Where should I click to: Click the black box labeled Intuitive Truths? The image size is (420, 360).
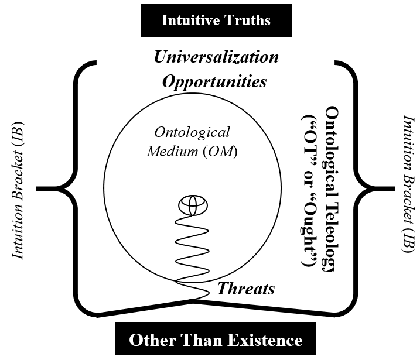(216, 20)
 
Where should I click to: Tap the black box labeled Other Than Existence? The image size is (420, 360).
(216, 340)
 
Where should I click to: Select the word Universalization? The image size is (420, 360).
(216, 57)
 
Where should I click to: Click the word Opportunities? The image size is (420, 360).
(214, 81)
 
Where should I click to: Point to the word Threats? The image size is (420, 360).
(246, 288)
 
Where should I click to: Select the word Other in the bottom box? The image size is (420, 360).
(147, 340)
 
